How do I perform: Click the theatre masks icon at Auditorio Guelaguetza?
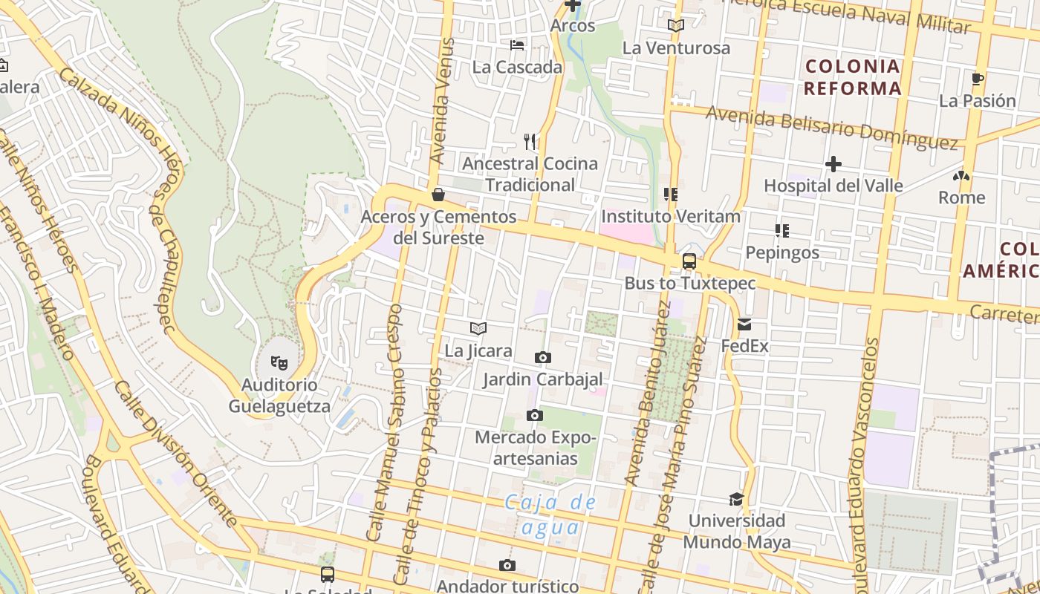pyautogui.click(x=279, y=362)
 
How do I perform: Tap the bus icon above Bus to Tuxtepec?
pyautogui.click(x=689, y=261)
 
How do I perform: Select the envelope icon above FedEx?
pyautogui.click(x=744, y=324)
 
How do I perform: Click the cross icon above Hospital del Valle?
pyautogui.click(x=833, y=164)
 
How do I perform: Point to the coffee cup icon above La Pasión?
pyautogui.click(x=978, y=79)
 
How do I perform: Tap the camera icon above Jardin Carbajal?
pyautogui.click(x=543, y=358)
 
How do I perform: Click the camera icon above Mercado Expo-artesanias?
pyautogui.click(x=535, y=415)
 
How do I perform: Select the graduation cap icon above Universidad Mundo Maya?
pyautogui.click(x=736, y=499)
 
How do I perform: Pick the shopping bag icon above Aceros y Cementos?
pyautogui.click(x=438, y=195)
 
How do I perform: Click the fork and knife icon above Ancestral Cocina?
pyautogui.click(x=530, y=141)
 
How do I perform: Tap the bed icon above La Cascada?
pyautogui.click(x=518, y=45)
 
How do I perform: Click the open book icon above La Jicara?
pyautogui.click(x=478, y=328)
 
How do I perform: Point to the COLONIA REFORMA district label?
pyautogui.click(x=854, y=77)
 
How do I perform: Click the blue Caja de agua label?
pyautogui.click(x=550, y=515)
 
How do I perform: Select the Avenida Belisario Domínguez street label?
pyautogui.click(x=831, y=127)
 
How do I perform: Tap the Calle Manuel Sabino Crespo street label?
pyautogui.click(x=385, y=422)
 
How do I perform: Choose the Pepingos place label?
pyautogui.click(x=782, y=252)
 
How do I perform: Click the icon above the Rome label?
pyautogui.click(x=961, y=177)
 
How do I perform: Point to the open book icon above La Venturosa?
pyautogui.click(x=675, y=26)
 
